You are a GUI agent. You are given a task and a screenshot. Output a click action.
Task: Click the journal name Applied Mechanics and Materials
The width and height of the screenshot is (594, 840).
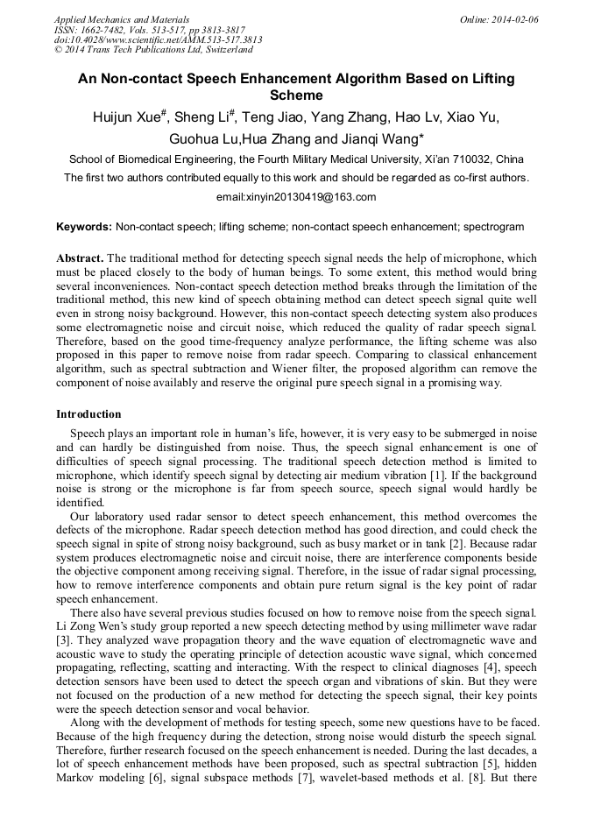click(x=122, y=18)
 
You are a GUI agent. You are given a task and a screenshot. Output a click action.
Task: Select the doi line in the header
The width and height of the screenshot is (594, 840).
click(x=158, y=40)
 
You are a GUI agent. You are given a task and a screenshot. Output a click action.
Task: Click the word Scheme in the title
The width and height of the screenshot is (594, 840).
click(x=297, y=95)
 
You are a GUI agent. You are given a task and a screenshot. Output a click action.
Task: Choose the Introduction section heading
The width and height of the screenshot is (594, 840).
click(x=89, y=413)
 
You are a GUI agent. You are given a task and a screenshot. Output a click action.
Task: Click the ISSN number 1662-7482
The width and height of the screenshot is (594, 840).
click(x=112, y=29)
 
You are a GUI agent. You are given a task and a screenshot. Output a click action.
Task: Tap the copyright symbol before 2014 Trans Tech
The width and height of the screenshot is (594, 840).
click(x=59, y=51)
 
